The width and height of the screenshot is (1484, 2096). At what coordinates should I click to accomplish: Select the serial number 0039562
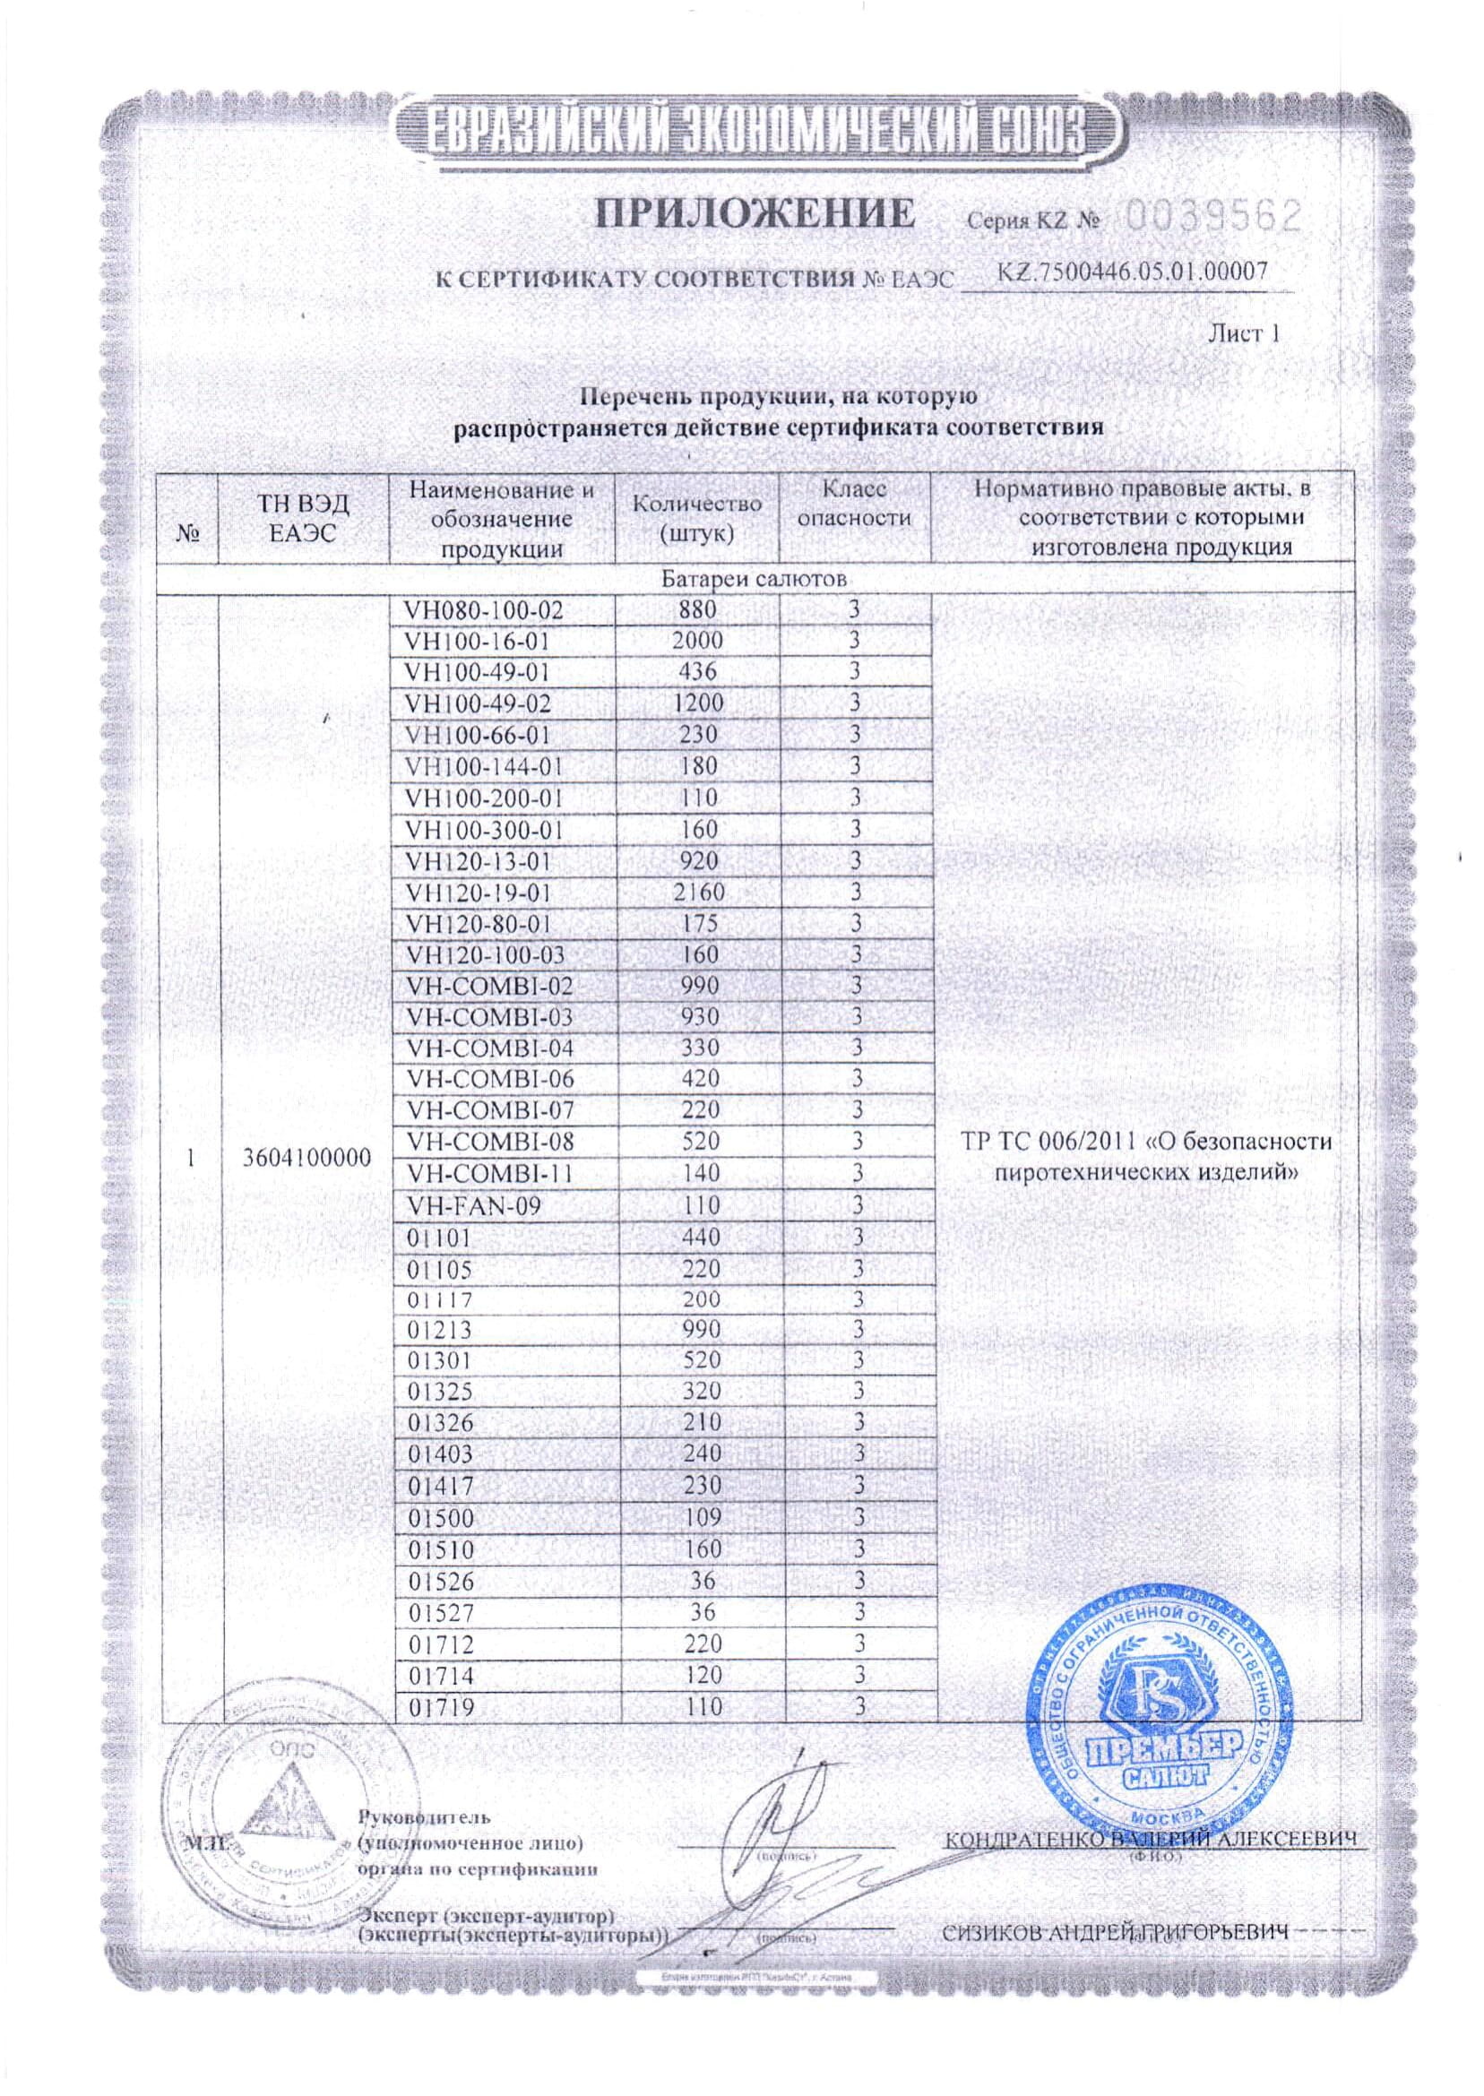pos(1211,217)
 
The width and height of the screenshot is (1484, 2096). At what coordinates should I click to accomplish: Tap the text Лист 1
pos(1244,333)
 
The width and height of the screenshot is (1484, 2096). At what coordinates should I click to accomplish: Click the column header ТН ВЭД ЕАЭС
pos(304,518)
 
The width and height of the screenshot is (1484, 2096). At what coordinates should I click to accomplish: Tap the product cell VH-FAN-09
pos(474,1206)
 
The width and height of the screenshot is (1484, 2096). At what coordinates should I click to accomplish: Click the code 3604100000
pos(308,1159)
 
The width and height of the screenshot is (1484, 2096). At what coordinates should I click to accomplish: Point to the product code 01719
pos(442,1706)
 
